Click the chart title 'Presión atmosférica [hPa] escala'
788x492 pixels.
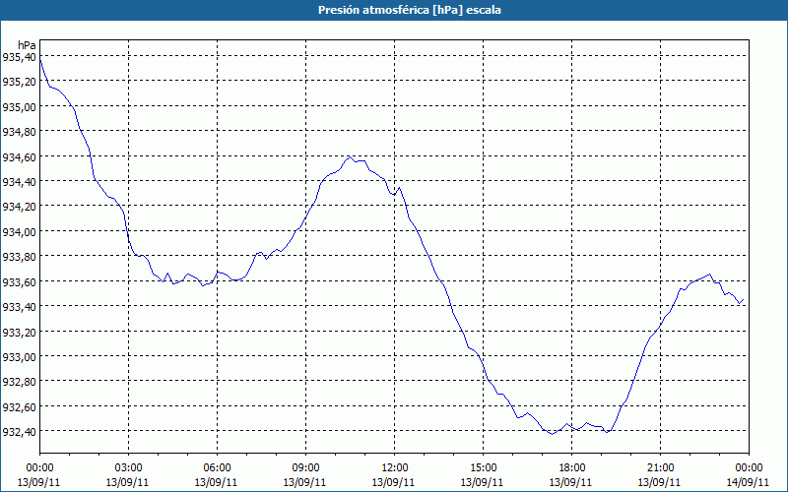tap(394, 9)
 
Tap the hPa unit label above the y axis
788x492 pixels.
tap(27, 44)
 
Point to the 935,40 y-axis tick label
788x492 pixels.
tap(19, 57)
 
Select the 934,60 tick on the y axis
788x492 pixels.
tap(19, 157)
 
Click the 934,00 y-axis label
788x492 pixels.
tap(19, 232)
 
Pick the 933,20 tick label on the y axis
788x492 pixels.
tap(19, 332)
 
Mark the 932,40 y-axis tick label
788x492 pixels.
tap(19, 432)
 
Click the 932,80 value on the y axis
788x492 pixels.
tap(19, 382)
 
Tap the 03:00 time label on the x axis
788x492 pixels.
tap(128, 467)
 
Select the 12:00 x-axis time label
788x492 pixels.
tap(394, 467)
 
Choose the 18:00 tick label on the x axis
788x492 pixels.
tap(571, 467)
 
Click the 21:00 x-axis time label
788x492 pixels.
tap(660, 467)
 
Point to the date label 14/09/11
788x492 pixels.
tap(749, 481)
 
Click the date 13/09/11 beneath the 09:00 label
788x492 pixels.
tap(305, 481)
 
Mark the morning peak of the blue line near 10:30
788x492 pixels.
tap(350, 155)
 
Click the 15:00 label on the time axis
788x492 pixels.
tap(483, 467)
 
